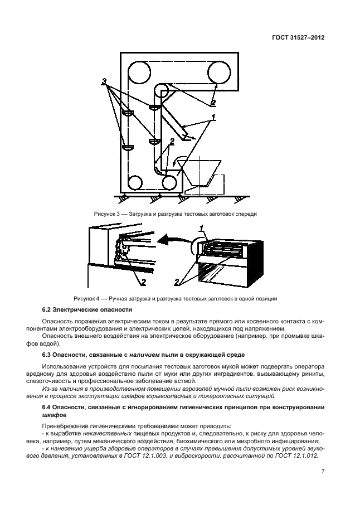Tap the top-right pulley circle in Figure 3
219,71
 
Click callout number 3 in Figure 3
104,82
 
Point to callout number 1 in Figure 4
202,229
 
